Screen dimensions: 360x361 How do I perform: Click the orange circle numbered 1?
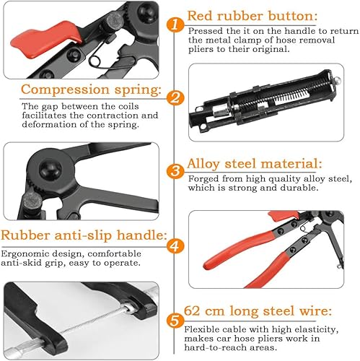pos(175,25)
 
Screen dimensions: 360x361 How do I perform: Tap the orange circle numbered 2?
pos(175,98)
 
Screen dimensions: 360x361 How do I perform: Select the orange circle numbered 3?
pos(175,171)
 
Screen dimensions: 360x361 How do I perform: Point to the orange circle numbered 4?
pos(175,246)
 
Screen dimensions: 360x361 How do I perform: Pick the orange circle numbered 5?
pos(175,321)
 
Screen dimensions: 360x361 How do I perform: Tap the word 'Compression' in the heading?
pos(65,90)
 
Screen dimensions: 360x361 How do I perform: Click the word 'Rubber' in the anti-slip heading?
pos(25,235)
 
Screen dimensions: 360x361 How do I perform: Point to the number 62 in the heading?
pos(192,310)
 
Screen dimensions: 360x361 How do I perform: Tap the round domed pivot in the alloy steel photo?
pos(50,168)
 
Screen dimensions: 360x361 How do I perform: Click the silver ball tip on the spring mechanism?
pos(337,80)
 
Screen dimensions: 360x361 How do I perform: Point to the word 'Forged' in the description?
pos(203,179)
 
